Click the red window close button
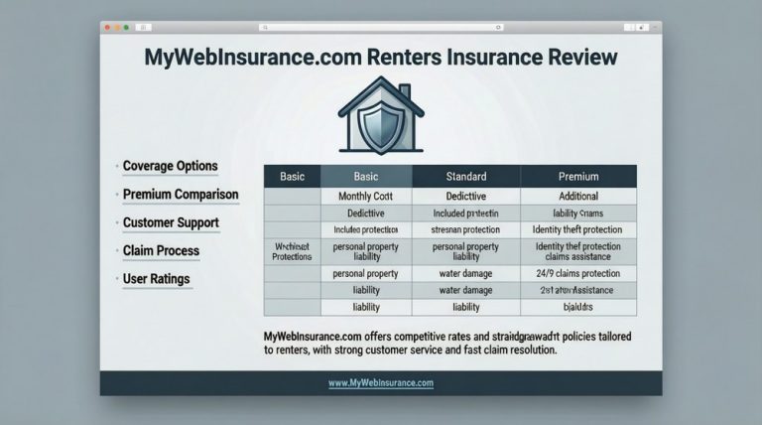pos(110,27)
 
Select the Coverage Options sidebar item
pos(170,165)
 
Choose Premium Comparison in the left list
pos(180,194)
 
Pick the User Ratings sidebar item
pos(157,279)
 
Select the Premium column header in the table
pos(578,176)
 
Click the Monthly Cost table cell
pos(367,196)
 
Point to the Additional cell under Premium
pos(578,196)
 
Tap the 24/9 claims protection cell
pos(578,271)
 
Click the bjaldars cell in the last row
pos(578,308)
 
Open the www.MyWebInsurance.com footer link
pos(380,382)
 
